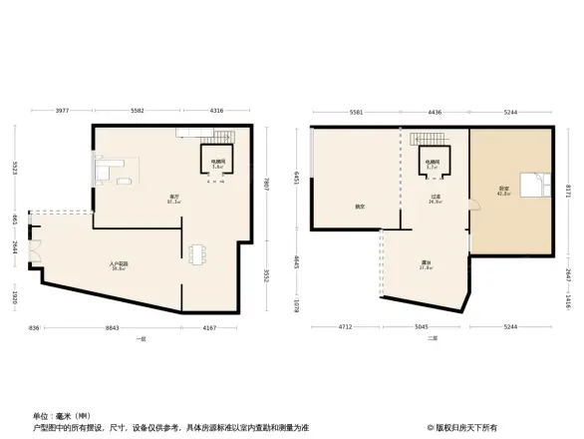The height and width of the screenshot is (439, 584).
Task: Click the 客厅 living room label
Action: pos(173,198)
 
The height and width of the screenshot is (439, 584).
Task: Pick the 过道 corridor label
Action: pos(436,200)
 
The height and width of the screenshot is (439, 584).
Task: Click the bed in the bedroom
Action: pos(537,184)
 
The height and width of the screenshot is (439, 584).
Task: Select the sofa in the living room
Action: pos(106,172)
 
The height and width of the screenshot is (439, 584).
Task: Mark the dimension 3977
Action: pos(62,110)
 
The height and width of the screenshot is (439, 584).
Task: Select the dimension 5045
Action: pos(424,327)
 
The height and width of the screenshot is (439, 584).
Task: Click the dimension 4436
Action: pos(436,113)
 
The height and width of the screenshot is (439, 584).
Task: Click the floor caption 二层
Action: pos(432,338)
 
